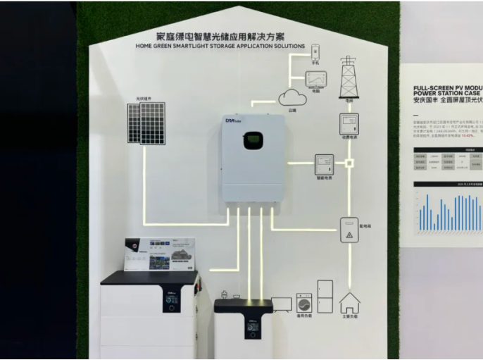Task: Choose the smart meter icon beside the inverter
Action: pos(323,163)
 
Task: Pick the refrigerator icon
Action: pos(325,297)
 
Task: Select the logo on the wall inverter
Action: pos(232,124)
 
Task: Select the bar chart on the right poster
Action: pos(449,211)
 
